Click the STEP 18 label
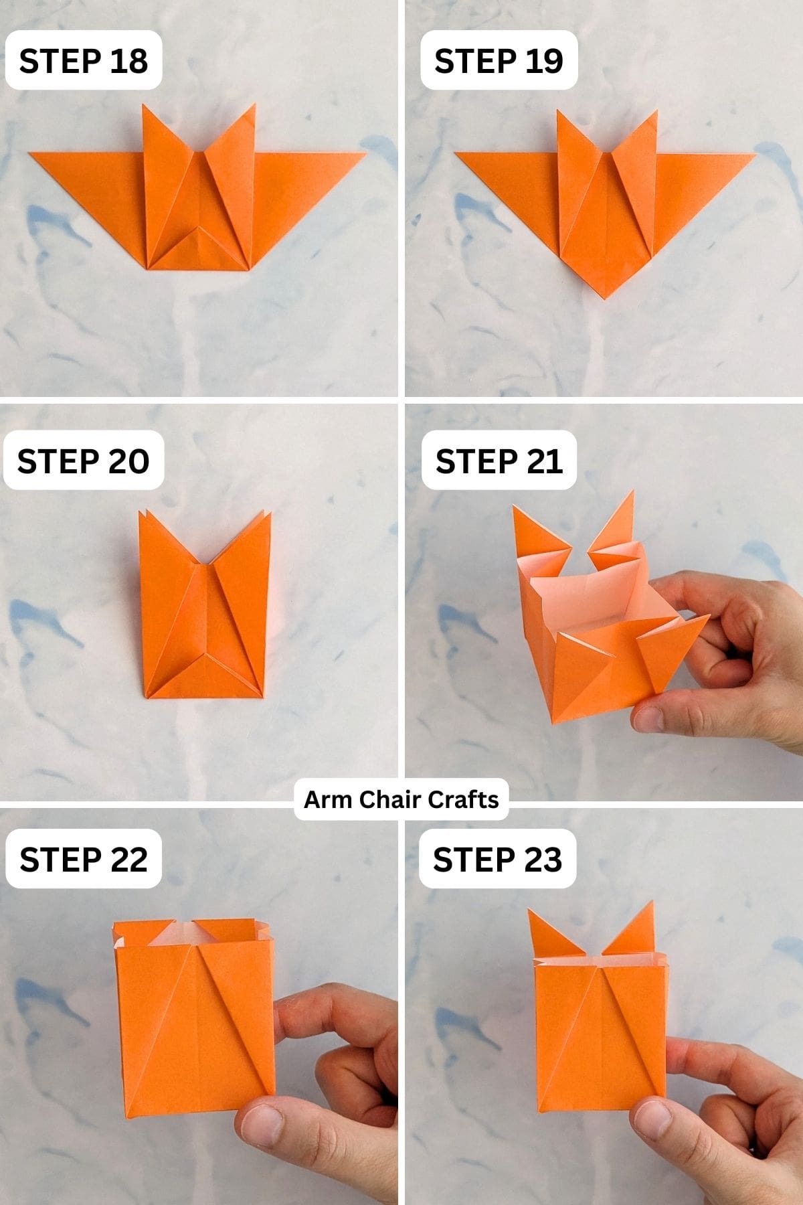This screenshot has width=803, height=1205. point(84,60)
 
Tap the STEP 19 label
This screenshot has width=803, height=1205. point(499,60)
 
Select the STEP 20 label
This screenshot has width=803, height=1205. point(84,461)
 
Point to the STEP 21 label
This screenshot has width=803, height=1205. point(499,461)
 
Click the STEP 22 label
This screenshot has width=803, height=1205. point(84,859)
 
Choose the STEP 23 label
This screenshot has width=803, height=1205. point(497,859)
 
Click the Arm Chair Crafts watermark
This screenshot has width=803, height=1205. point(401,799)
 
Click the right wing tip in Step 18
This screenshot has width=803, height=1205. point(364,153)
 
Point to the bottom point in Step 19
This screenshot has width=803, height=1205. point(606,296)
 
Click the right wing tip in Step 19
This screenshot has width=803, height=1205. point(754,155)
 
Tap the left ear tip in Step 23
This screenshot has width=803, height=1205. point(530,911)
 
